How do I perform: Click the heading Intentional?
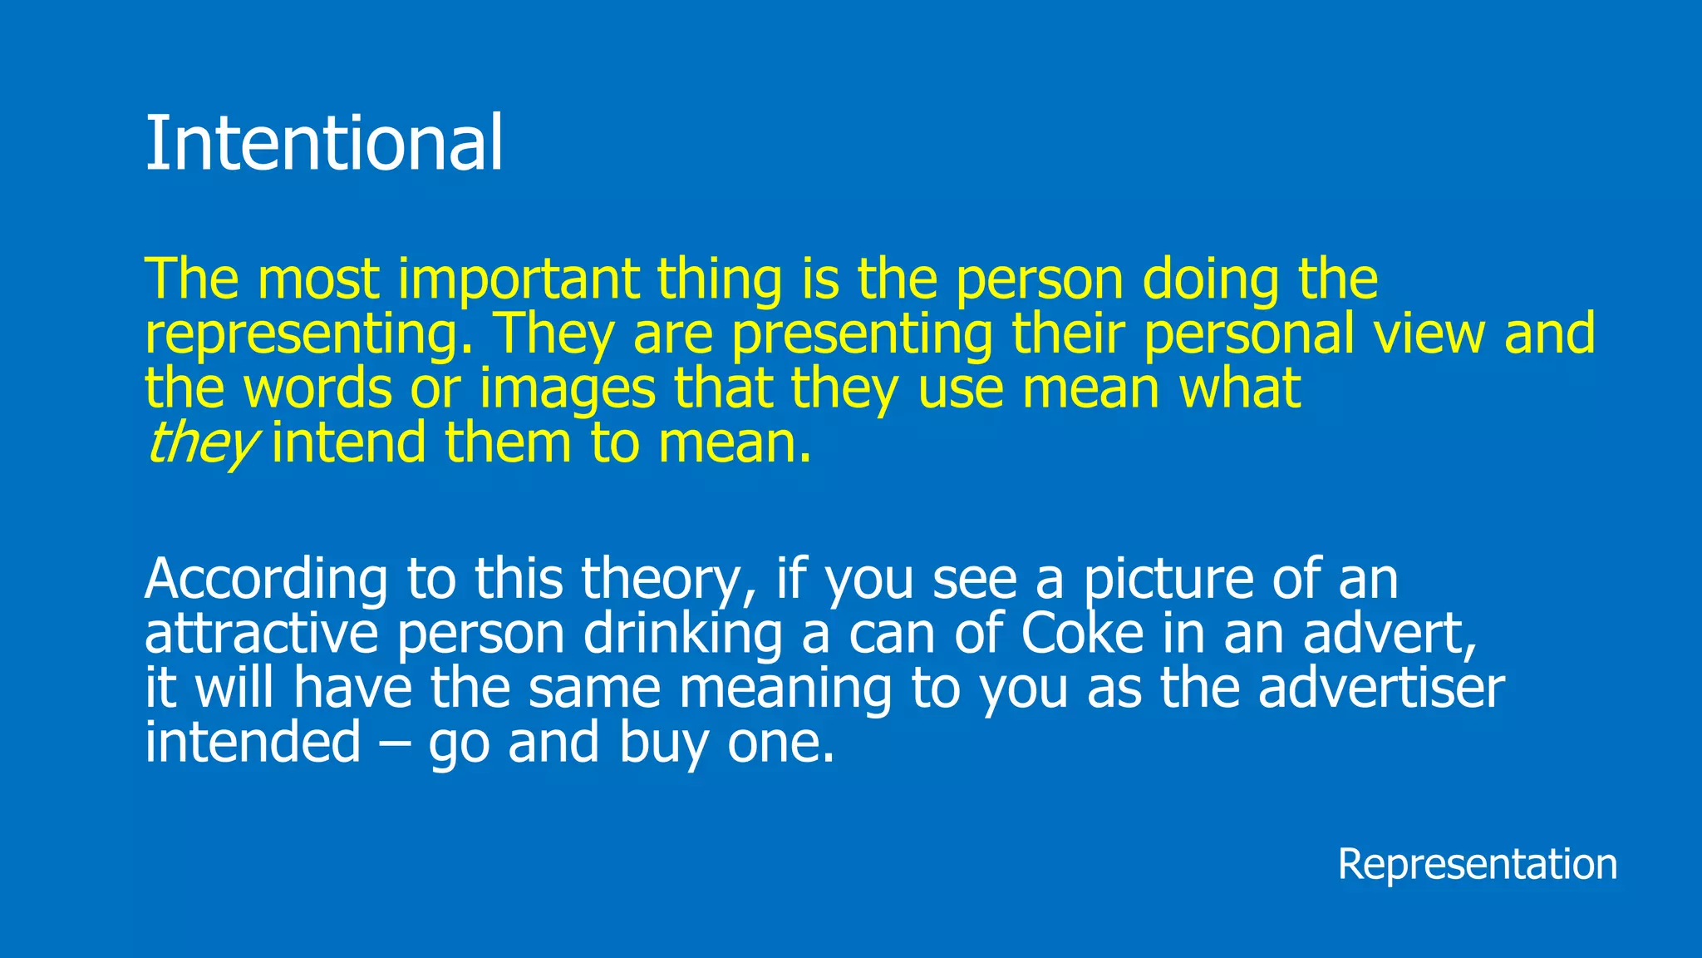(x=324, y=143)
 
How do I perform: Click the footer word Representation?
(x=1477, y=864)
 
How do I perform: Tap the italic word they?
(x=202, y=442)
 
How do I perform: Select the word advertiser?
(x=1380, y=689)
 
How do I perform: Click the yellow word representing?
(x=309, y=333)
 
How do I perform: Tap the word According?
(x=266, y=579)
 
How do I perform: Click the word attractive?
(x=261, y=634)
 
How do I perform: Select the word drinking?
(x=682, y=634)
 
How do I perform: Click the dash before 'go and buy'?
(x=394, y=743)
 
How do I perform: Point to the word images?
(x=568, y=388)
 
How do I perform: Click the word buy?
(x=662, y=743)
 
